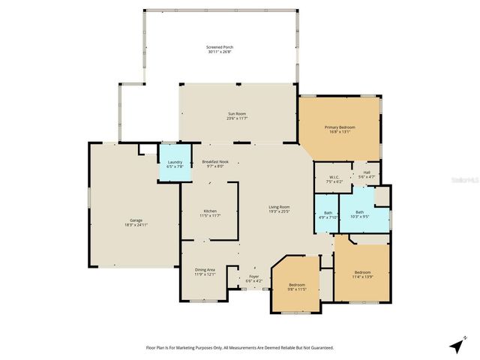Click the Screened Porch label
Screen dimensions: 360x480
coord(220,47)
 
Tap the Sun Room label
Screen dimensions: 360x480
coord(237,113)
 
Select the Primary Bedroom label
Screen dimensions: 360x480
coord(340,127)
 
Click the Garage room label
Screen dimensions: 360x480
coord(126,220)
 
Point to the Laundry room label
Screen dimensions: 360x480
coord(175,162)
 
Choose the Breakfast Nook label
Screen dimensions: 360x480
coord(215,161)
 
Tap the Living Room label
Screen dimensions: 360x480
coord(279,207)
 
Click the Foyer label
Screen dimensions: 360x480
coord(255,277)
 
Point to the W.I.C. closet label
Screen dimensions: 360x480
coord(334,177)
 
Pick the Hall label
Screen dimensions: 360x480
coord(367,172)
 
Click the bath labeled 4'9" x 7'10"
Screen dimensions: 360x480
coord(328,213)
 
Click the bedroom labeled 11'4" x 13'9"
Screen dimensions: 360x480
coord(362,272)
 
